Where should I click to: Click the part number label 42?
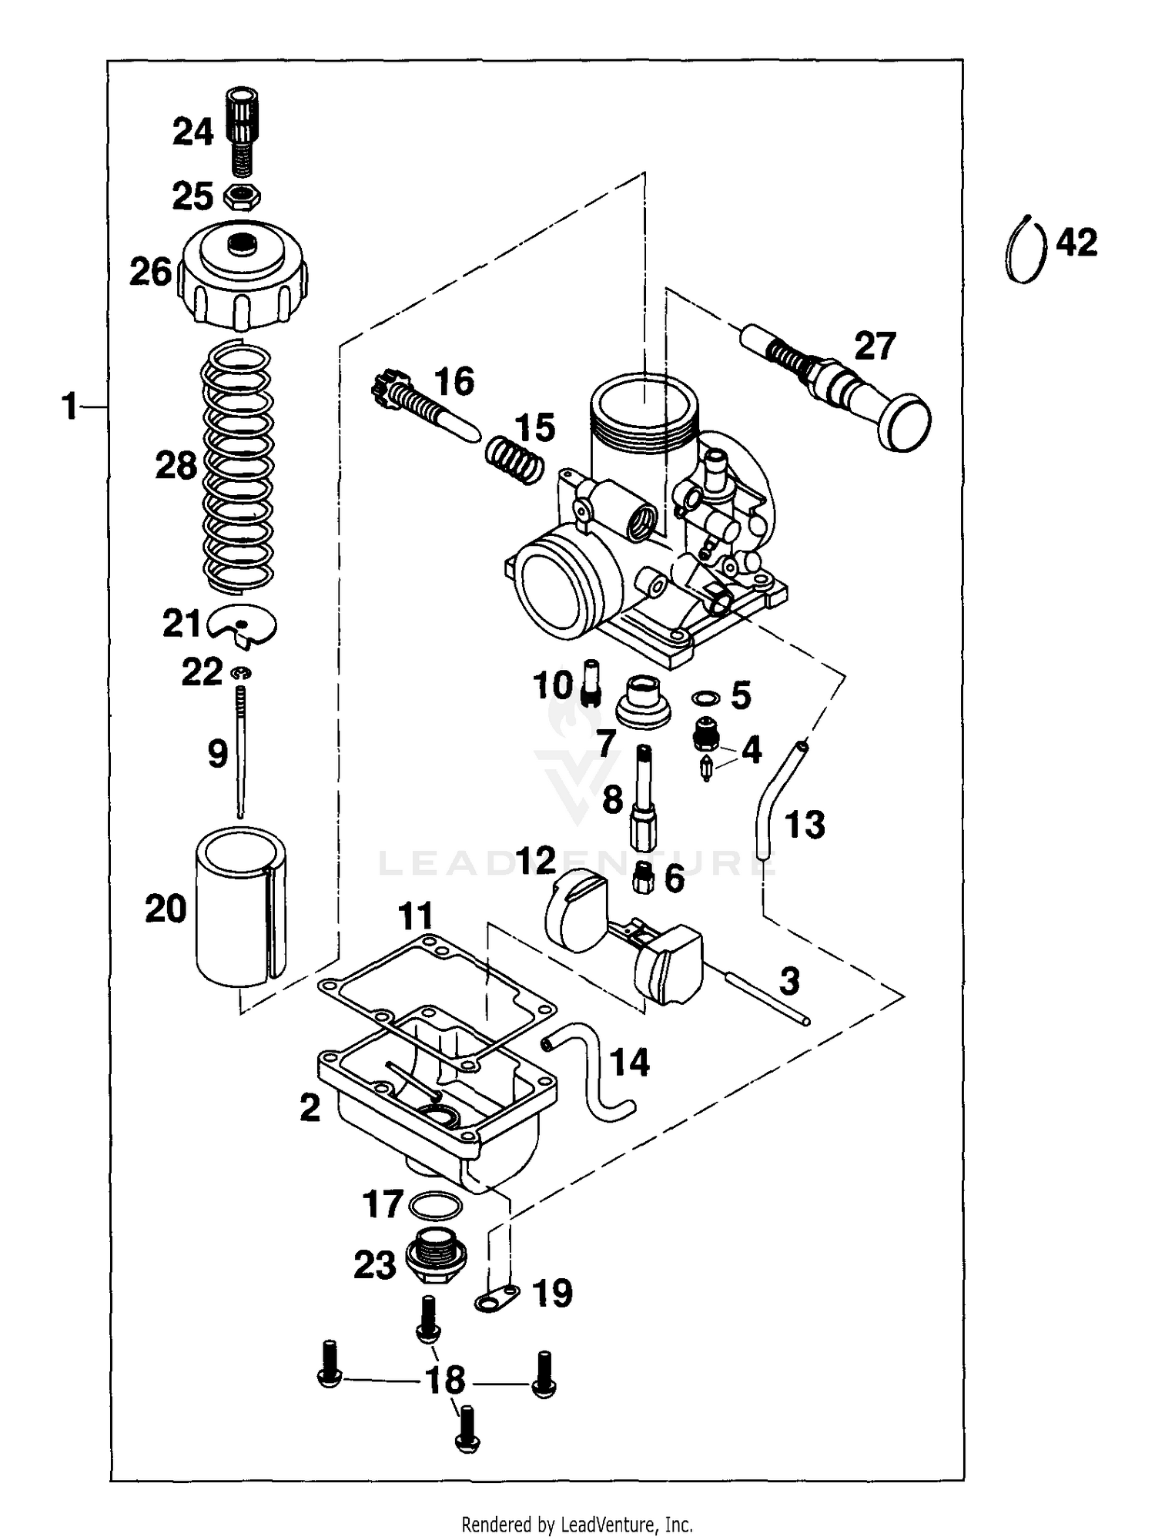1076,243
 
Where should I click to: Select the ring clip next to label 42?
1026,249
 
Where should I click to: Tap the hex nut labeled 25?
242,196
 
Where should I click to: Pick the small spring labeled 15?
514,458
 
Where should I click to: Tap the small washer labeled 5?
705,698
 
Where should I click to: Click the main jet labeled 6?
644,878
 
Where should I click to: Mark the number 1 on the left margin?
69,406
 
